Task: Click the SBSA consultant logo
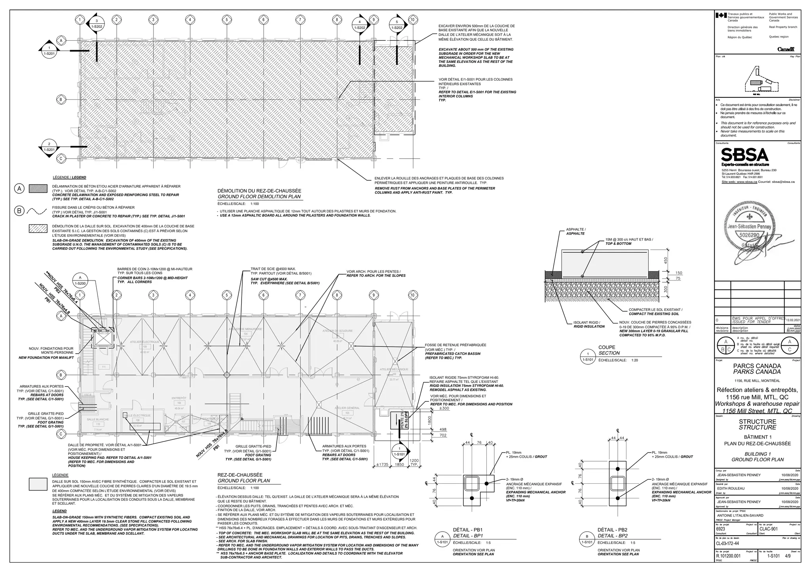click(x=744, y=155)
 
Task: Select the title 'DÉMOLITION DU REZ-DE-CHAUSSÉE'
click(x=259, y=191)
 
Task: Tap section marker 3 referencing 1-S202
click(x=97, y=24)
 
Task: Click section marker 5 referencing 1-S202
click(x=396, y=25)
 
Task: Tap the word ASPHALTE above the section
click(x=575, y=229)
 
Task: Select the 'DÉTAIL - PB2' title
click(x=612, y=530)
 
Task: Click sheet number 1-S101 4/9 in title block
click(x=778, y=556)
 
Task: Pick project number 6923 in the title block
click(x=721, y=529)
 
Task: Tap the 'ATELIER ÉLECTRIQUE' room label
click(x=145, y=342)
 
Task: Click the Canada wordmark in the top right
click(x=786, y=49)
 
